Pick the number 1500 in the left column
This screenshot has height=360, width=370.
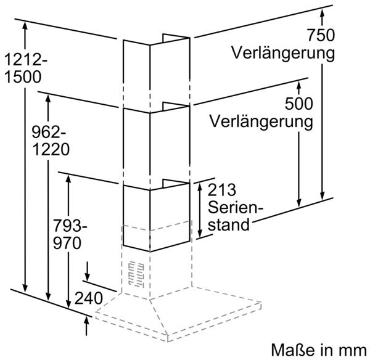tap(23, 78)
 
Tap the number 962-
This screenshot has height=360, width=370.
tap(50, 132)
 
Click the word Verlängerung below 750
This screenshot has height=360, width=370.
tap(285, 52)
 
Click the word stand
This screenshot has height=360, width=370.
tap(229, 224)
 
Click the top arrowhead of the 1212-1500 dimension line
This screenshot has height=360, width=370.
tap(25, 25)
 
